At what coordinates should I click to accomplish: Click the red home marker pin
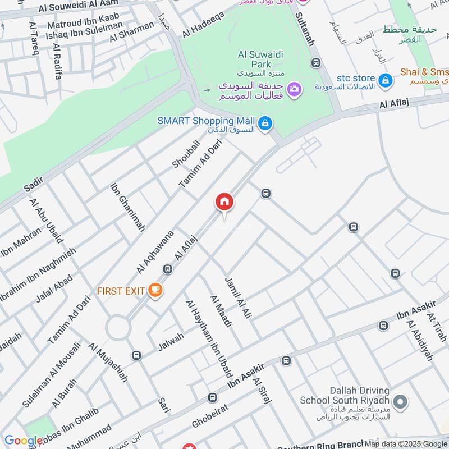pos(224,202)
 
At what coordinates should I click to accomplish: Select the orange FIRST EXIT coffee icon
pos(155,290)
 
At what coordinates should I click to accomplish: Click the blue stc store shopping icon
pos(386,81)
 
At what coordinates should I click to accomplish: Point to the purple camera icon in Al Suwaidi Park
pos(293,89)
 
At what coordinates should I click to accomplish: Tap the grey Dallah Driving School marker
pos(400,401)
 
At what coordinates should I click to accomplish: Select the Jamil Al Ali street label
pos(236,297)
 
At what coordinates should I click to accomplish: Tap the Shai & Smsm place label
pos(424,72)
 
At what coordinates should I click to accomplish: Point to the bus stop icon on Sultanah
pos(316,63)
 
